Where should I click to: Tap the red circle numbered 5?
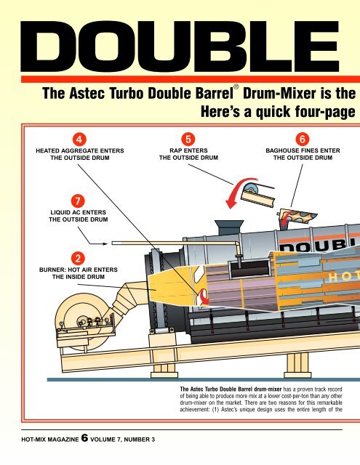click(x=188, y=139)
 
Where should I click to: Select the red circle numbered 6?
click(x=303, y=139)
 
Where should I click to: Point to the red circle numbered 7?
click(x=78, y=201)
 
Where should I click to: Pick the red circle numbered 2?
click(x=78, y=259)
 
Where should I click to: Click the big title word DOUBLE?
click(x=180, y=46)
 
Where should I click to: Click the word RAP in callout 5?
click(x=175, y=150)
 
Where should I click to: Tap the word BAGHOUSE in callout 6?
click(x=280, y=150)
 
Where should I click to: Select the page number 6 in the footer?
click(x=85, y=438)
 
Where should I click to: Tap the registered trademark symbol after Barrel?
click(x=236, y=87)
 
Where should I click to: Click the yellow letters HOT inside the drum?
click(x=344, y=278)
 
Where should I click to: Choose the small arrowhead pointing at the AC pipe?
click(x=105, y=244)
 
